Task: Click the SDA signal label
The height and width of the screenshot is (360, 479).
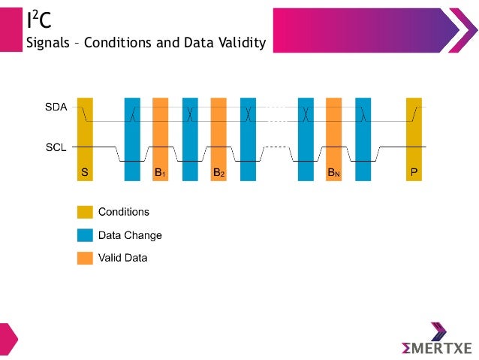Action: [x=56, y=107]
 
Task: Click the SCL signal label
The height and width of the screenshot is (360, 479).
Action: [x=56, y=147]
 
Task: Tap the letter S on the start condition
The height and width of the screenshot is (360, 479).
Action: [x=85, y=173]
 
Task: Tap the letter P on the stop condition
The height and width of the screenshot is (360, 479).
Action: [x=414, y=173]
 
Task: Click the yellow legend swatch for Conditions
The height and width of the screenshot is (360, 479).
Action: [x=85, y=212]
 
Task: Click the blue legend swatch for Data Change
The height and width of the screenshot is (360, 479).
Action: [x=85, y=235]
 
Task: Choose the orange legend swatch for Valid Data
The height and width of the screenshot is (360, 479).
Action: [x=85, y=258]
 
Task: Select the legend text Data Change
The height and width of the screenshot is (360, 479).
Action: [x=130, y=235]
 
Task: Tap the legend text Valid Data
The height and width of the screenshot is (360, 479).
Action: [x=123, y=258]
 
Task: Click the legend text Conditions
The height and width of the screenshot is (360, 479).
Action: [x=124, y=212]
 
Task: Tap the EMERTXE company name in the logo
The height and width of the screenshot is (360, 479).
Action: [x=436, y=348]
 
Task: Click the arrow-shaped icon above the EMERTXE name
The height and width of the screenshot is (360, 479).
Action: [x=438, y=331]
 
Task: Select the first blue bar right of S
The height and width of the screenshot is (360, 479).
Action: [x=132, y=139]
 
